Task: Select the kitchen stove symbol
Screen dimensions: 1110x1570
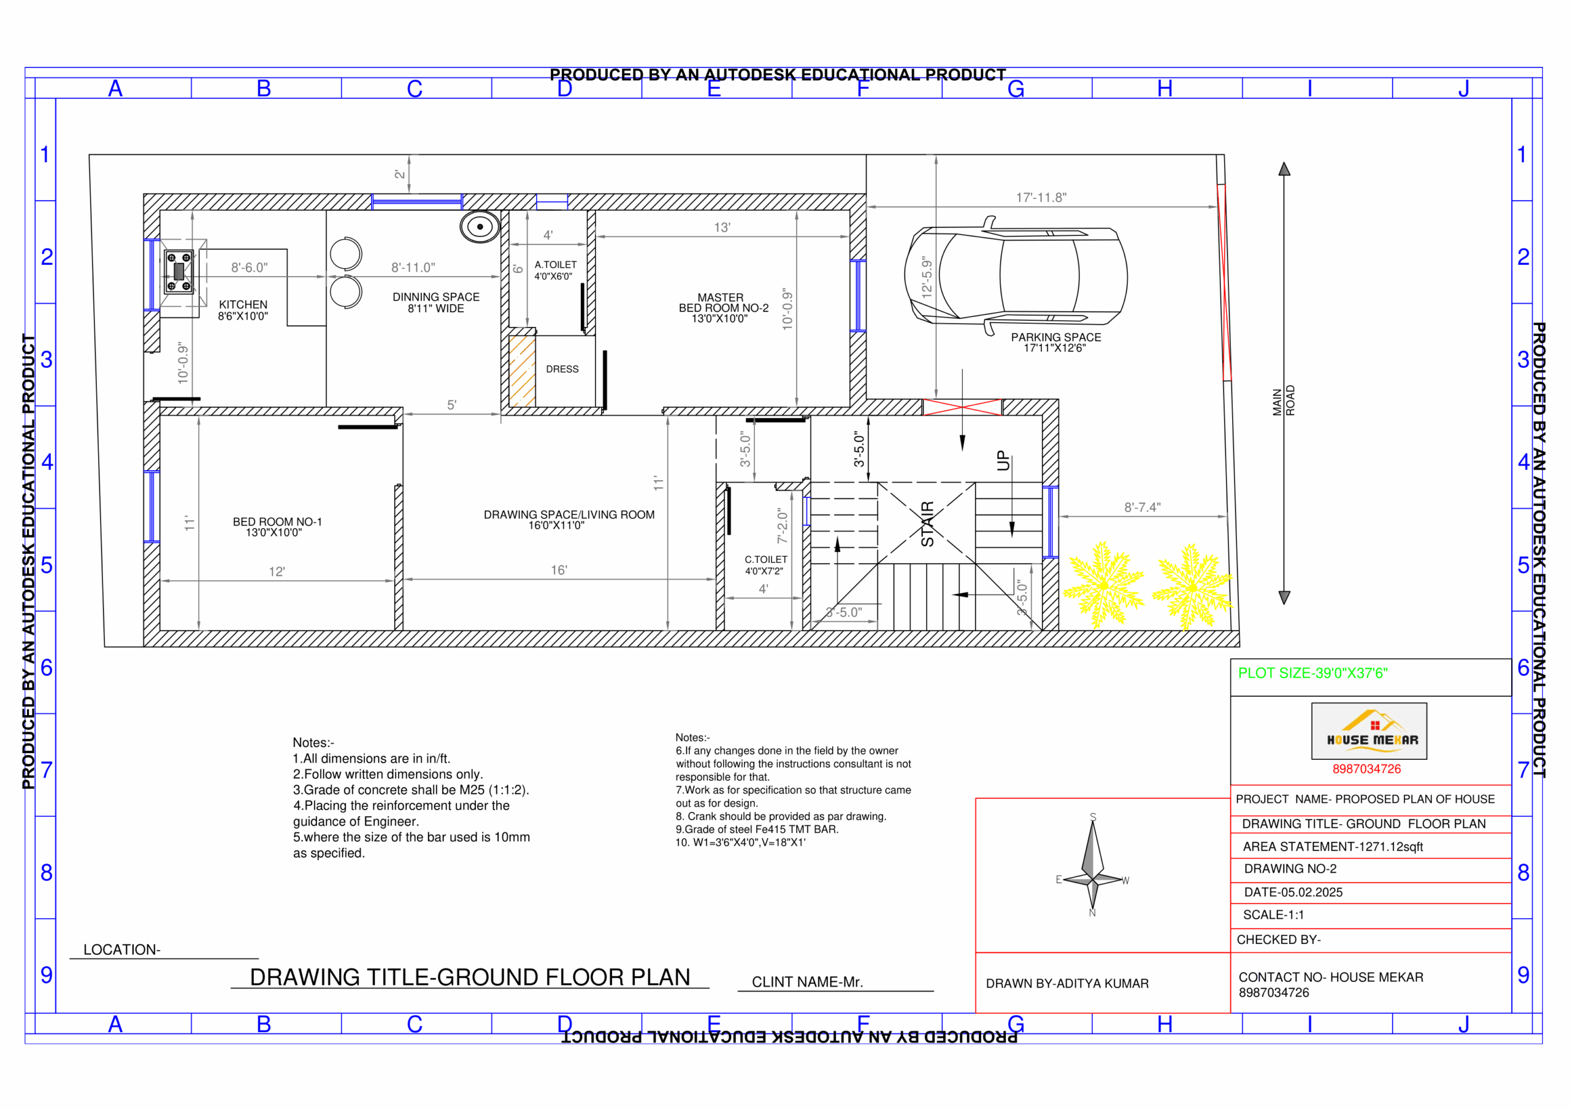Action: pos(178,272)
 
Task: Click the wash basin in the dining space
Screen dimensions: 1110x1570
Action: pos(480,226)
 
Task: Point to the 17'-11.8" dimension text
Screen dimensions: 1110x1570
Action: pos(1041,197)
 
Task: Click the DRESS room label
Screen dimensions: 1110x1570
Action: pos(562,369)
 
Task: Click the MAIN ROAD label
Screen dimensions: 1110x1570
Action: pos(1284,401)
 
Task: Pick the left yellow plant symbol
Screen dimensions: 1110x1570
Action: pos(1103,586)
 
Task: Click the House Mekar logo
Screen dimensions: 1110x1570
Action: pos(1368,730)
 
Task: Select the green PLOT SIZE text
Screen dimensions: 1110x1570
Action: pos(1312,673)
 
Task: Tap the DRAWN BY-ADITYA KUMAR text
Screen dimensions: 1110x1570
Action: pos(1066,984)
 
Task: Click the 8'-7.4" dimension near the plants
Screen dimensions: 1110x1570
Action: pos(1142,507)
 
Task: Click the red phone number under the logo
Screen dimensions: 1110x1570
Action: pos(1366,769)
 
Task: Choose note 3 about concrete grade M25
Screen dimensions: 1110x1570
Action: pos(411,790)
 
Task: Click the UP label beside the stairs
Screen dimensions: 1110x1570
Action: pos(1003,461)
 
